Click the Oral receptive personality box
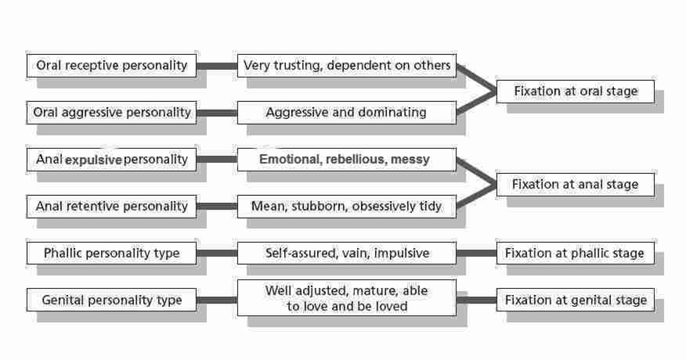[111, 65]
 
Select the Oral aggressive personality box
[111, 113]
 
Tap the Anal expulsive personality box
[111, 160]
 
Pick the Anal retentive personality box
[111, 207]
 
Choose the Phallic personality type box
[111, 254]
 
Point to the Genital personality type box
[111, 300]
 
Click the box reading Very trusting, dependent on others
[346, 65]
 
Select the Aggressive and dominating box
[346, 113]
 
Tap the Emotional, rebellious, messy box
[346, 160]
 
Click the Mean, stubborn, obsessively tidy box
[346, 207]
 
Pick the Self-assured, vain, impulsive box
[346, 254]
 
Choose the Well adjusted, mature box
[346, 299]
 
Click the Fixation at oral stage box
[576, 92]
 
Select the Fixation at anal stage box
[576, 185]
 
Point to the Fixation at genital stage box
[576, 300]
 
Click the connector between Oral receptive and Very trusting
[217, 66]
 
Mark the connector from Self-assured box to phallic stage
[476, 254]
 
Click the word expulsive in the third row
[93, 160]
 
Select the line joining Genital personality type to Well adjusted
[217, 301]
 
